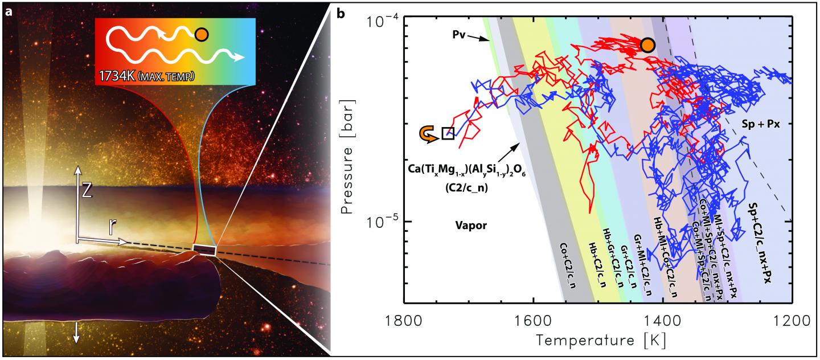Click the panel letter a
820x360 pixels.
pos(9,11)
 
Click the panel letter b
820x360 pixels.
pos(341,11)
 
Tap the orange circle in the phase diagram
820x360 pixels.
pos(647,45)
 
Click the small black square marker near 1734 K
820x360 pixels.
pos(448,133)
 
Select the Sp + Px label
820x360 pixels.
pos(759,122)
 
